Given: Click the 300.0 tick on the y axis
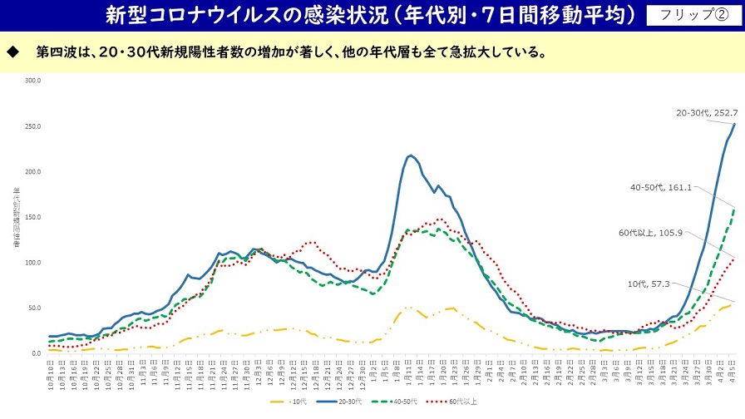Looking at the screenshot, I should click(33, 81).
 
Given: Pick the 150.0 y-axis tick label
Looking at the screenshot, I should click(33, 217).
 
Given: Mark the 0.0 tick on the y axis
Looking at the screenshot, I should click(36, 353).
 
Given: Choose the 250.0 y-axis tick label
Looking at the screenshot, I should click(33, 126).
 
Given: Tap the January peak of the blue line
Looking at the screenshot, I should click(411, 155).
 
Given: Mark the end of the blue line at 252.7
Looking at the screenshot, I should click(735, 124).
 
